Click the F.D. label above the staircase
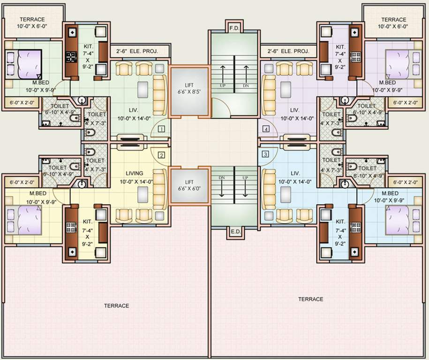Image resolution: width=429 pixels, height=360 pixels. (x=234, y=28)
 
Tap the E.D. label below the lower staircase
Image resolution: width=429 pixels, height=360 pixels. (x=234, y=232)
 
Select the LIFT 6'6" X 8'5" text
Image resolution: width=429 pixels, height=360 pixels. (x=189, y=88)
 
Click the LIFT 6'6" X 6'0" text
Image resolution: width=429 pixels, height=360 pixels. (x=189, y=185)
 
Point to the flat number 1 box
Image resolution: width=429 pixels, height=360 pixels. (x=161, y=128)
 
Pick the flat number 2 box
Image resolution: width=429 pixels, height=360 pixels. (x=161, y=155)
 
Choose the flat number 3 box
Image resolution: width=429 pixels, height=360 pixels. (x=266, y=154)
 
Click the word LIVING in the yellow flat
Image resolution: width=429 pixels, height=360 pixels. (x=134, y=173)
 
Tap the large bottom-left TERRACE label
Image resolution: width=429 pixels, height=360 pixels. (x=116, y=306)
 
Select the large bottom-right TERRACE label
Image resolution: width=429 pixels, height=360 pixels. (x=310, y=299)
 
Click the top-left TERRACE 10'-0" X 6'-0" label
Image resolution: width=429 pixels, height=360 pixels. (x=32, y=23)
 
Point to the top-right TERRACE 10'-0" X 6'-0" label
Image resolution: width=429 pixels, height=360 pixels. (x=394, y=23)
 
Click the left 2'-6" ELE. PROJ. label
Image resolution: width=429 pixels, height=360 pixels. (x=134, y=51)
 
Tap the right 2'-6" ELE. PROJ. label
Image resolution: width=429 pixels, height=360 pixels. (x=288, y=51)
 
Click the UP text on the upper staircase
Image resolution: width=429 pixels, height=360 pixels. (x=222, y=86)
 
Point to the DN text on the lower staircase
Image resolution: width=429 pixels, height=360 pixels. (x=222, y=178)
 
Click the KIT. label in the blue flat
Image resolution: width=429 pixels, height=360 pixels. (x=341, y=221)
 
